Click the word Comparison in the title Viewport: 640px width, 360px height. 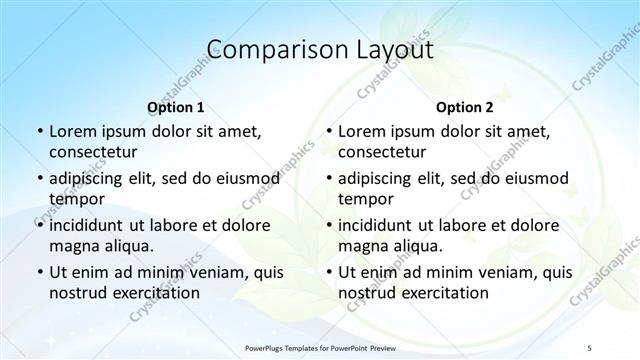pyautogui.click(x=267, y=50)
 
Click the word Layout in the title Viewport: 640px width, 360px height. pyautogui.click(x=390, y=50)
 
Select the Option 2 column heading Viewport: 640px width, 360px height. pyautogui.click(x=464, y=106)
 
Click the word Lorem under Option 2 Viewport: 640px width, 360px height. pyautogui.click(x=361, y=131)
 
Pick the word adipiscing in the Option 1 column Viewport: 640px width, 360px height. pyautogui.click(x=93, y=178)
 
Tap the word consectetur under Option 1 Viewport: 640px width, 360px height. pyautogui.click(x=93, y=152)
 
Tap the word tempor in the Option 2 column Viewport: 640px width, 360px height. pyautogui.click(x=366, y=199)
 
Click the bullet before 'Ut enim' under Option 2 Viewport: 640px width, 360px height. pyautogui.click(x=328, y=272)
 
